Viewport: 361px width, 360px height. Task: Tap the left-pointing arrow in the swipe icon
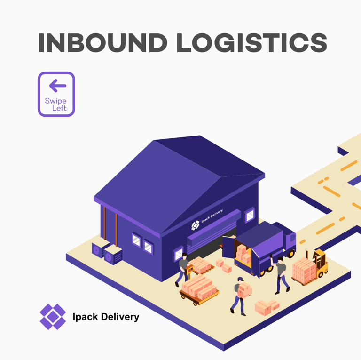coord(57,85)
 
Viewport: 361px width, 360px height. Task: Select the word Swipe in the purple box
coord(55,100)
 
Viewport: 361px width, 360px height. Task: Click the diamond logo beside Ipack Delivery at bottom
coord(53,316)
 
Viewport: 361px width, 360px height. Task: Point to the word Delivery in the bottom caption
coord(119,317)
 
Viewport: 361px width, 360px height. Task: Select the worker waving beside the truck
coord(280,273)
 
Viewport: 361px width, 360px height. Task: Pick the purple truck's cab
coord(285,240)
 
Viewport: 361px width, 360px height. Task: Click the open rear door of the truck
coord(229,247)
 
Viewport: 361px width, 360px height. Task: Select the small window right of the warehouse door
coord(250,215)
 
